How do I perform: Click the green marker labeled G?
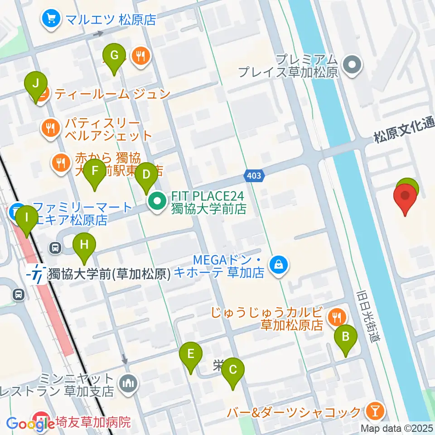[114, 56]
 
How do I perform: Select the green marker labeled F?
[95, 171]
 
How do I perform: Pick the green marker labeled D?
[146, 174]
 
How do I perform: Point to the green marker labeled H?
[85, 245]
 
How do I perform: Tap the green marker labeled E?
[191, 353]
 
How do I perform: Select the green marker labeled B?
[346, 337]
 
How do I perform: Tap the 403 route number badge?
[254, 175]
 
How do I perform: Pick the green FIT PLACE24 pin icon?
[157, 203]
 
